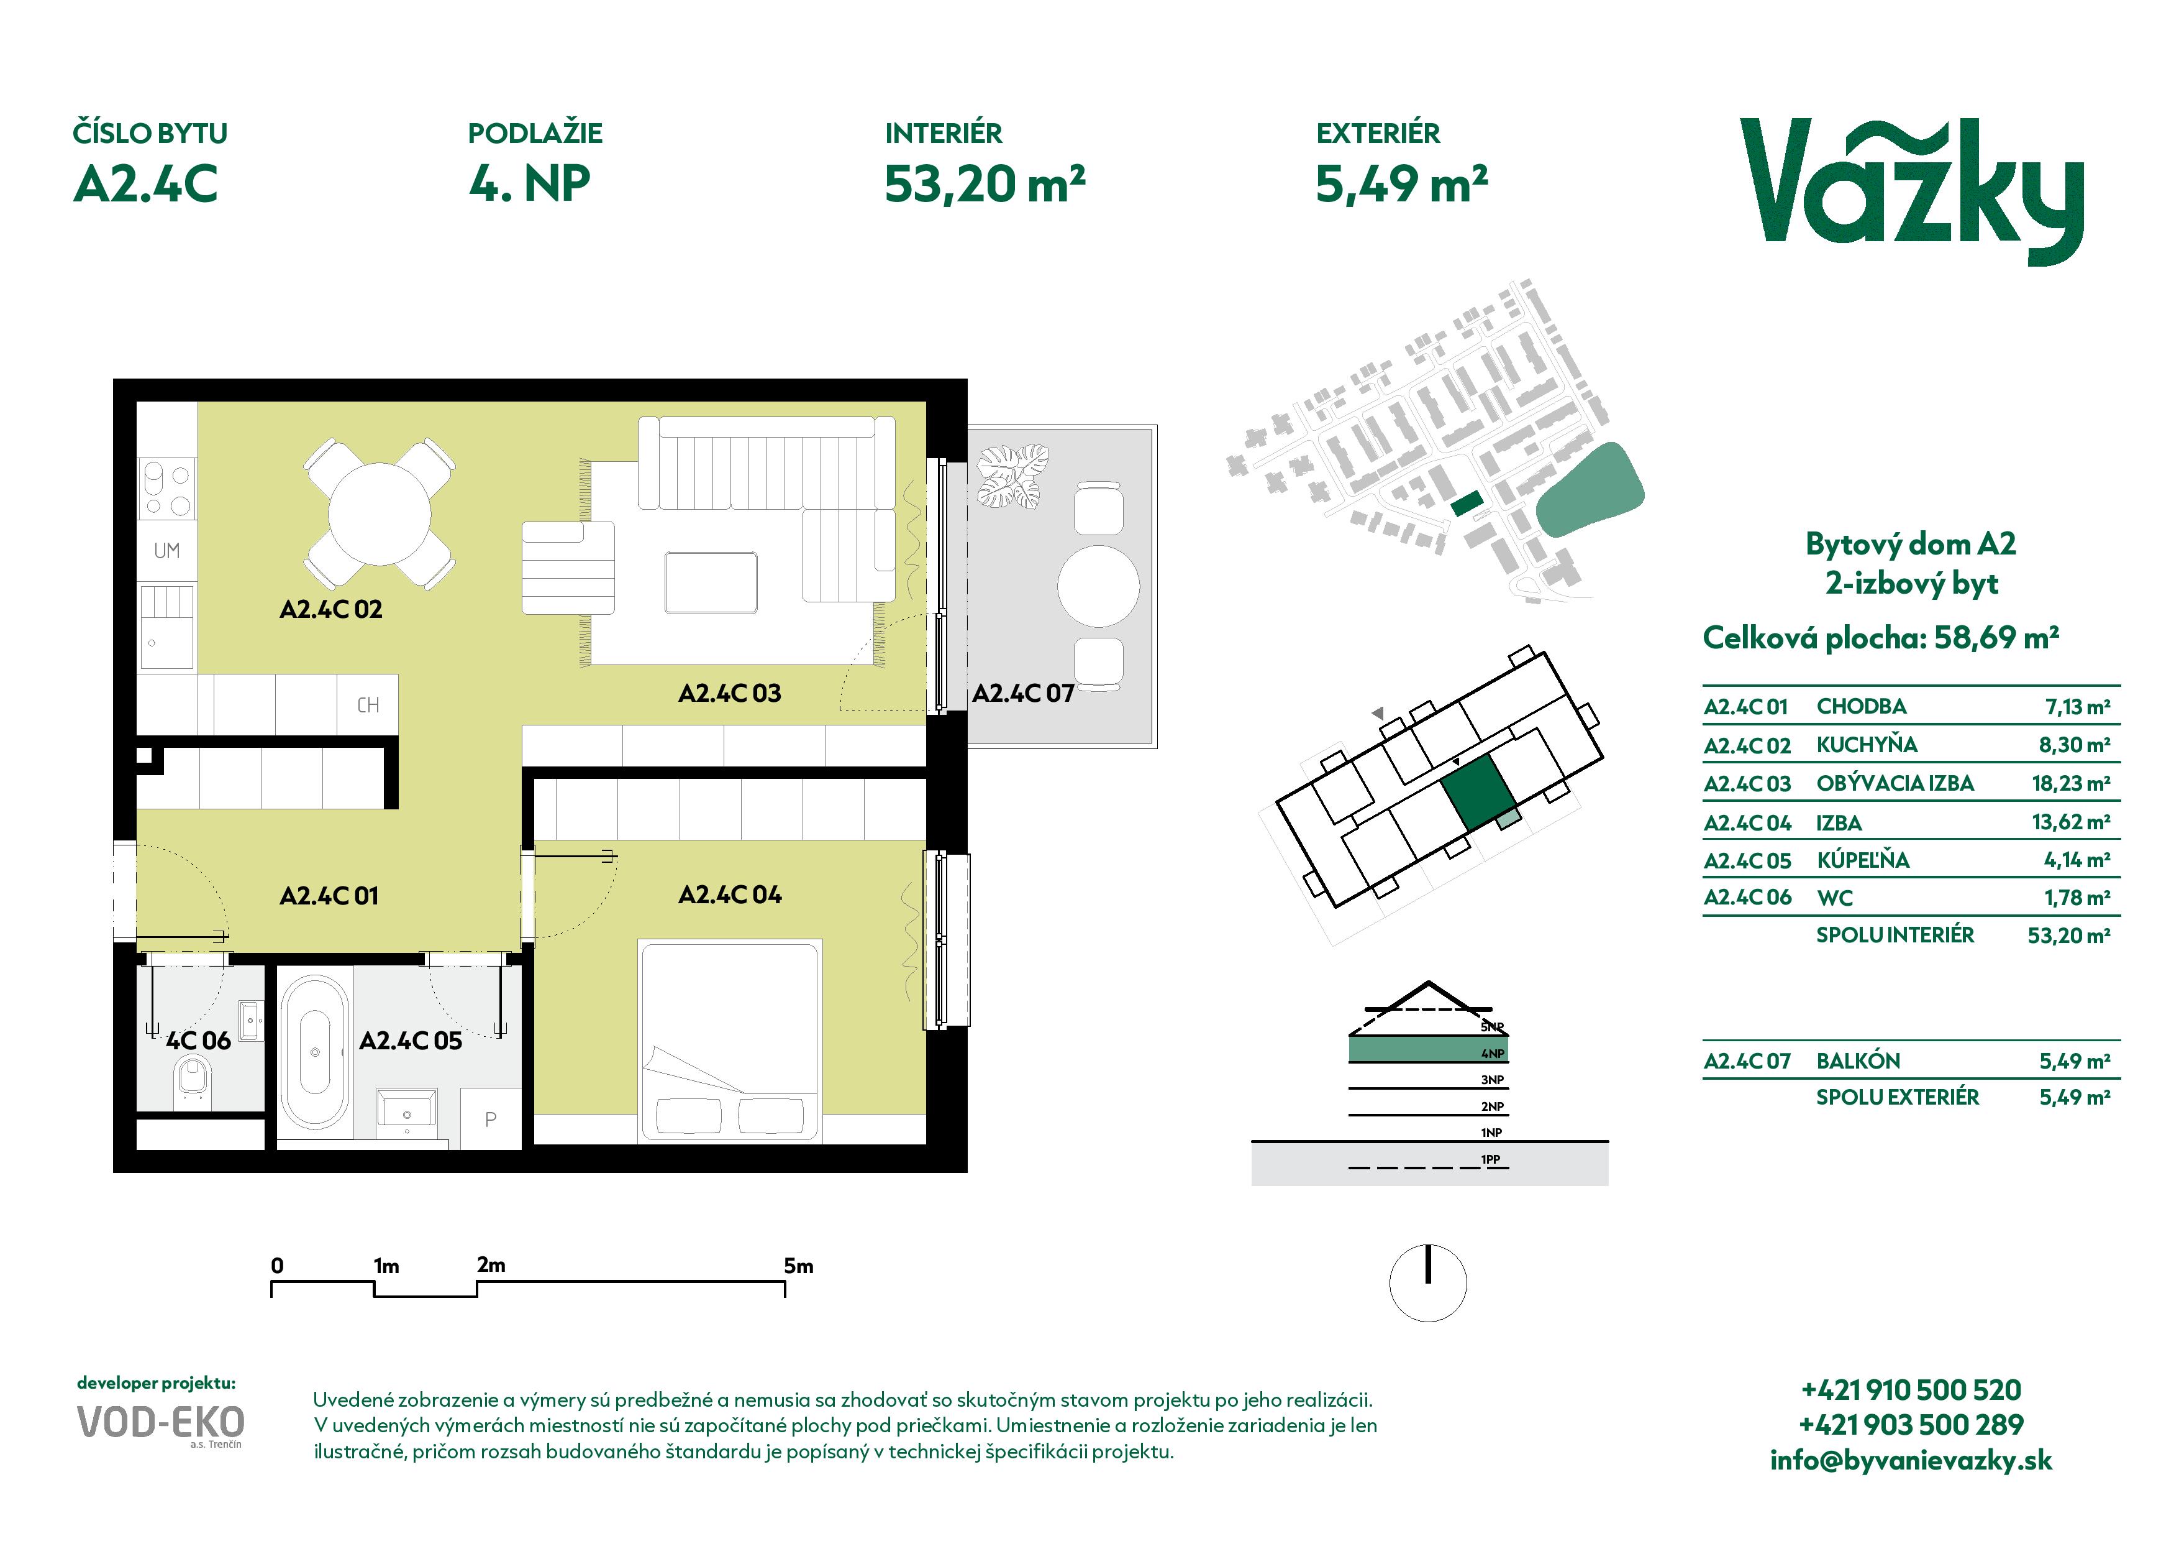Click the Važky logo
pos(1911,192)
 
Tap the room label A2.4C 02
pos(331,610)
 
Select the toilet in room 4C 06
pos(193,1082)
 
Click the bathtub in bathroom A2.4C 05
pos(314,1051)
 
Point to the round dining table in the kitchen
pos(380,513)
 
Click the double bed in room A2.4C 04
pos(730,1042)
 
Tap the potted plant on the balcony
pos(1012,477)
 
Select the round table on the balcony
pos(1098,586)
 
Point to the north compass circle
pos(1428,1283)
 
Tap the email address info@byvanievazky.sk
pos(1911,1460)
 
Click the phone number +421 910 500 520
pos(1911,1390)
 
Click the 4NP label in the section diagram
pos(1492,1053)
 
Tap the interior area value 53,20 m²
pos(984,184)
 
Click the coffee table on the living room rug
pos(711,583)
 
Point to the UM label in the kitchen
pos(167,551)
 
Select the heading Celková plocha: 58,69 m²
pos(1880,637)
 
